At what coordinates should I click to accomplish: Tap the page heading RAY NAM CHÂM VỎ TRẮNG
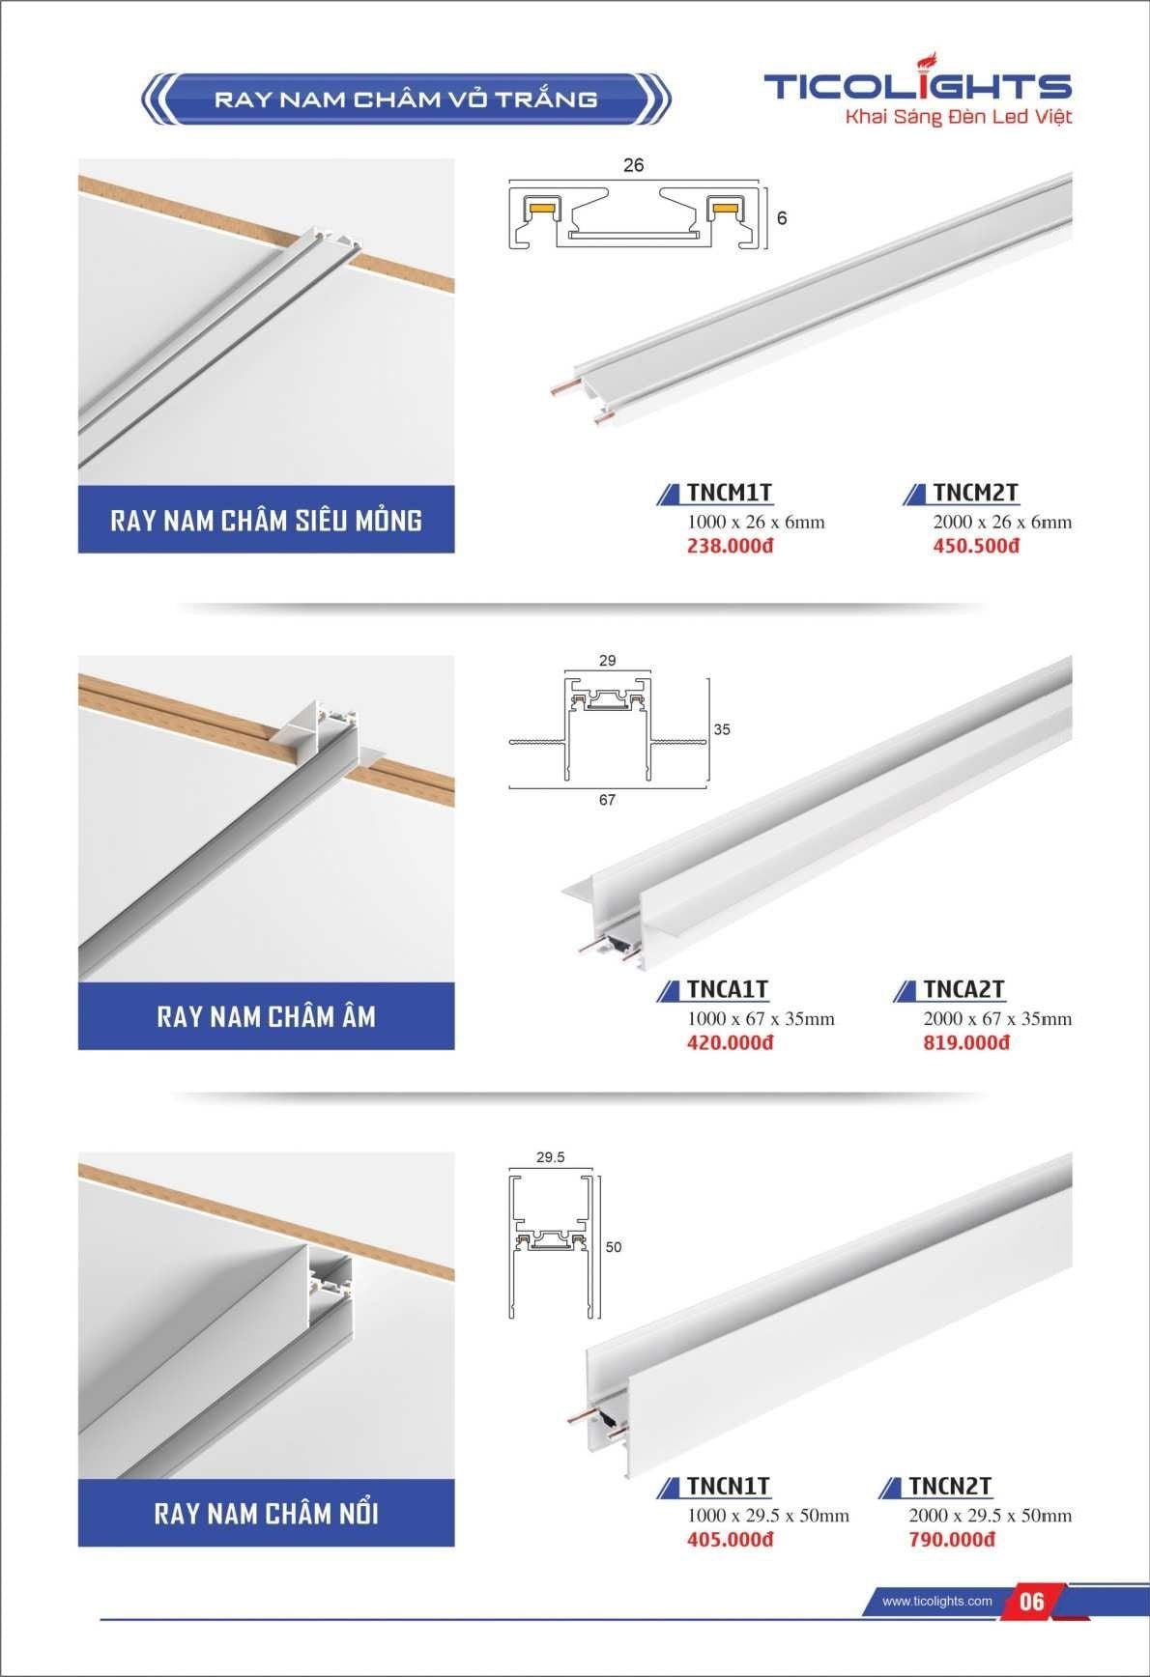(406, 99)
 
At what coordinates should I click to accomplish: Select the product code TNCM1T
(730, 493)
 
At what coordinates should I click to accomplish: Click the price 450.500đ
(976, 546)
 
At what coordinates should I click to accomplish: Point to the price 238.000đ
(731, 546)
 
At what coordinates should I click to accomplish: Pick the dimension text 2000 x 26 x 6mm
(1002, 522)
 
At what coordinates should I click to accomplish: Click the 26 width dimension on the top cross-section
(633, 165)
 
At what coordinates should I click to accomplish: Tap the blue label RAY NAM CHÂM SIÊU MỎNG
(266, 520)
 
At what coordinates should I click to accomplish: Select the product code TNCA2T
(963, 989)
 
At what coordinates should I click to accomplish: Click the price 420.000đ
(731, 1042)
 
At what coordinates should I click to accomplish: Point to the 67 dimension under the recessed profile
(607, 800)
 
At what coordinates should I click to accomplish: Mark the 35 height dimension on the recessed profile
(722, 729)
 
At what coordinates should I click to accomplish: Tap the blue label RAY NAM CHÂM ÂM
(266, 1016)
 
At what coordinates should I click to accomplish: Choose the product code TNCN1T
(729, 1486)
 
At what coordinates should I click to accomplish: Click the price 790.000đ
(952, 1539)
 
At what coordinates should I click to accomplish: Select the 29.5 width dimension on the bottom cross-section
(550, 1157)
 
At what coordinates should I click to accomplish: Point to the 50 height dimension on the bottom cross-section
(614, 1247)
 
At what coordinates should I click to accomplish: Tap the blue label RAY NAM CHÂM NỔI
(266, 1513)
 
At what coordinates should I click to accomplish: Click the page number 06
(1032, 1602)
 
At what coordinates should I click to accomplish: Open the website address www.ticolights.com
(937, 1601)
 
